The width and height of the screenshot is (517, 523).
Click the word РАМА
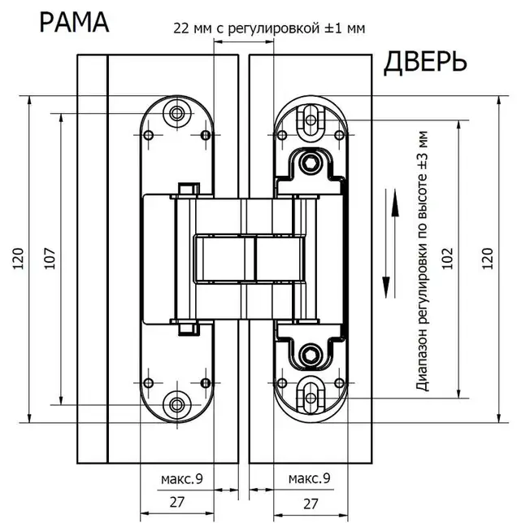click(x=74, y=22)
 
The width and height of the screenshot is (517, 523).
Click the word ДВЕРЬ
click(x=425, y=63)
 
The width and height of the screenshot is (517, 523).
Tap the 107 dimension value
click(x=50, y=259)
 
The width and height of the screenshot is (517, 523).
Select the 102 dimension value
click(x=448, y=259)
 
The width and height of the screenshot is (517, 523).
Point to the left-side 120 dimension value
click(x=19, y=259)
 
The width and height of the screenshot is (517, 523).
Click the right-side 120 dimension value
click(x=487, y=259)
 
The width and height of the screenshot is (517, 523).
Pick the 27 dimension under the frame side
click(x=177, y=502)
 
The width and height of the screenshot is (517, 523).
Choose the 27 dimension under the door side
click(x=311, y=503)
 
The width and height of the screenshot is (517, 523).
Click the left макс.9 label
click(x=181, y=479)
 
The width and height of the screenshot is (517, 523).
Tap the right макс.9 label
click(x=309, y=478)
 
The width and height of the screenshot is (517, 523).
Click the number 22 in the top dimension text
click(x=181, y=28)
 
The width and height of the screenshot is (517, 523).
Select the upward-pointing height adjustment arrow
click(x=395, y=243)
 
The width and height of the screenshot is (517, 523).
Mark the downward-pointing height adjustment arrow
click(x=386, y=243)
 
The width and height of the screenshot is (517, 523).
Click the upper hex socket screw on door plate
click(x=311, y=163)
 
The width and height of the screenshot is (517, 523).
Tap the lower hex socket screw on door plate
click(x=311, y=355)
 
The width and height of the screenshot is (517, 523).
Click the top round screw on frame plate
click(x=176, y=113)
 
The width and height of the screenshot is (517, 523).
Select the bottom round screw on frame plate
click(x=176, y=405)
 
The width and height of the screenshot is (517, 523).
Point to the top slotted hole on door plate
click(x=311, y=120)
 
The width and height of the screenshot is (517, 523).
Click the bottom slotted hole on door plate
click(x=311, y=398)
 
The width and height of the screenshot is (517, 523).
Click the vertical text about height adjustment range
click(x=422, y=261)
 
